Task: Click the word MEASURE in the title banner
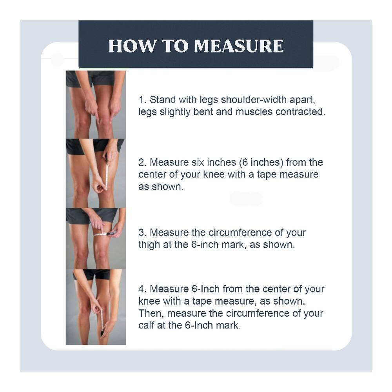pyautogui.click(x=239, y=46)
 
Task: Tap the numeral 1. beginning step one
pyautogui.click(x=142, y=99)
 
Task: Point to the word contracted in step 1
pyautogui.click(x=300, y=111)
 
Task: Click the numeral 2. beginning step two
pyautogui.click(x=142, y=162)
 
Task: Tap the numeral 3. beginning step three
pyautogui.click(x=142, y=232)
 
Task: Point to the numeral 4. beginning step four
pyautogui.click(x=142, y=289)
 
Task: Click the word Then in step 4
pyautogui.click(x=151, y=313)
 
